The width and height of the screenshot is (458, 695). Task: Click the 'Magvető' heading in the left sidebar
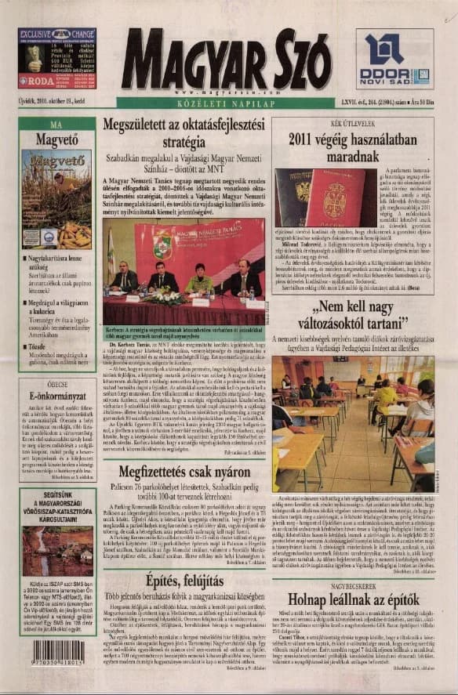point(57,139)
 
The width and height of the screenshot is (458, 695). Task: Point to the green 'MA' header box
point(57,124)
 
